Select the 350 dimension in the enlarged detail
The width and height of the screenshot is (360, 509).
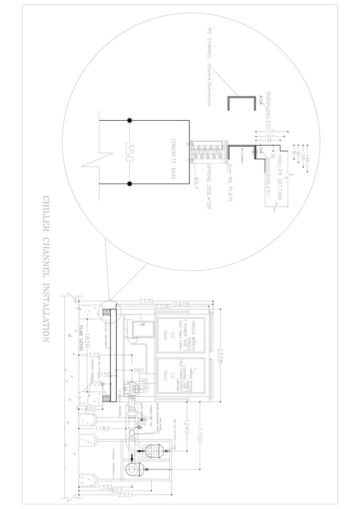click(x=128, y=151)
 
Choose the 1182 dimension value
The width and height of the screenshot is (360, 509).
click(x=103, y=429)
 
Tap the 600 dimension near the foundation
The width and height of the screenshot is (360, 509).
click(x=90, y=409)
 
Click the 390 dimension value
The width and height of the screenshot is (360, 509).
click(x=137, y=370)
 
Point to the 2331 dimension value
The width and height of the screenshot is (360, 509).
click(x=126, y=494)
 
